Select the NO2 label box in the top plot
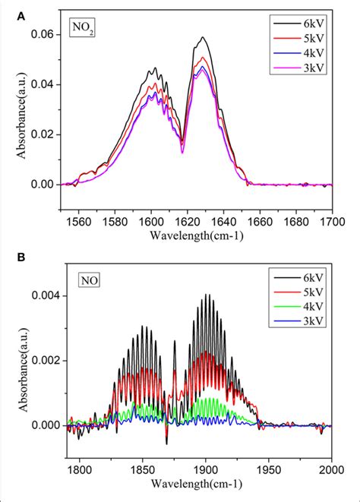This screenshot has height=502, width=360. point(82,31)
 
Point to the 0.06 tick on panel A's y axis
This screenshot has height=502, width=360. point(44,35)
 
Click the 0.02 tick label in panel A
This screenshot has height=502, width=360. point(44,134)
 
